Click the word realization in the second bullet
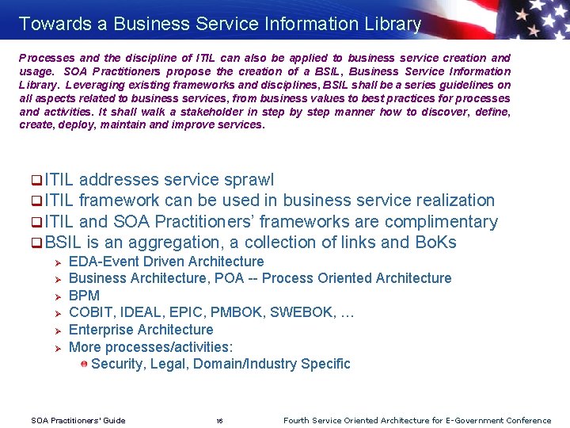coord(447,201)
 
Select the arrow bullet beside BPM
coord(57,296)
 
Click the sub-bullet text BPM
coord(85,296)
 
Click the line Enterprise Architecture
coord(141,330)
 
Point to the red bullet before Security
coord(83,364)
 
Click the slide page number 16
coord(219,421)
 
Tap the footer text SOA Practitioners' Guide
coord(78,421)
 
